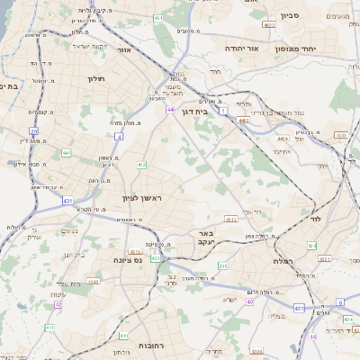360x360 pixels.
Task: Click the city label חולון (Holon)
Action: [96, 79]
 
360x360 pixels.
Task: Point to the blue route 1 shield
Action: [223, 109]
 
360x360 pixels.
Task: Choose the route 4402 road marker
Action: [243, 119]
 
